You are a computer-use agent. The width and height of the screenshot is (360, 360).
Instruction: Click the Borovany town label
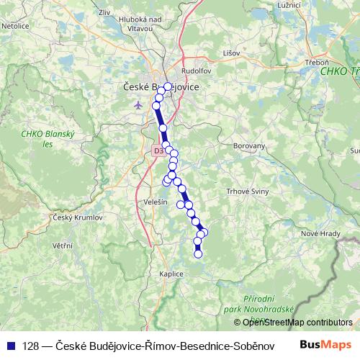pos(250,145)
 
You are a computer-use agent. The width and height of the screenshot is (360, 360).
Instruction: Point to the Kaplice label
pos(171,274)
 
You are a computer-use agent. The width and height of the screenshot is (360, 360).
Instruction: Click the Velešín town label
pos(155,202)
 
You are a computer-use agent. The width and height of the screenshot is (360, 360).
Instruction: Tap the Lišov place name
pos(231,53)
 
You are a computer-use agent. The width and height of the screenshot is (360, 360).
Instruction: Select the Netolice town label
pos(14,25)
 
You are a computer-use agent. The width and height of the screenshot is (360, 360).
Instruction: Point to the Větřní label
pos(62,246)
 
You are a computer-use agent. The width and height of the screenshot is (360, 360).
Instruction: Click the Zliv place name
pos(104,12)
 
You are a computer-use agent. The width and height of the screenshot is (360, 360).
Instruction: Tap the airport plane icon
pos(138,105)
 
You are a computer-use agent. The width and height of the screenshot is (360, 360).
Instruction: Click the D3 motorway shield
pos(158,150)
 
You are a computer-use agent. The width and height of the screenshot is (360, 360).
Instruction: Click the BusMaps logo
pos(332,345)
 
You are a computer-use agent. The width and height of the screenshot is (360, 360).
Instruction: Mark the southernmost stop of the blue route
pos(198,253)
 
